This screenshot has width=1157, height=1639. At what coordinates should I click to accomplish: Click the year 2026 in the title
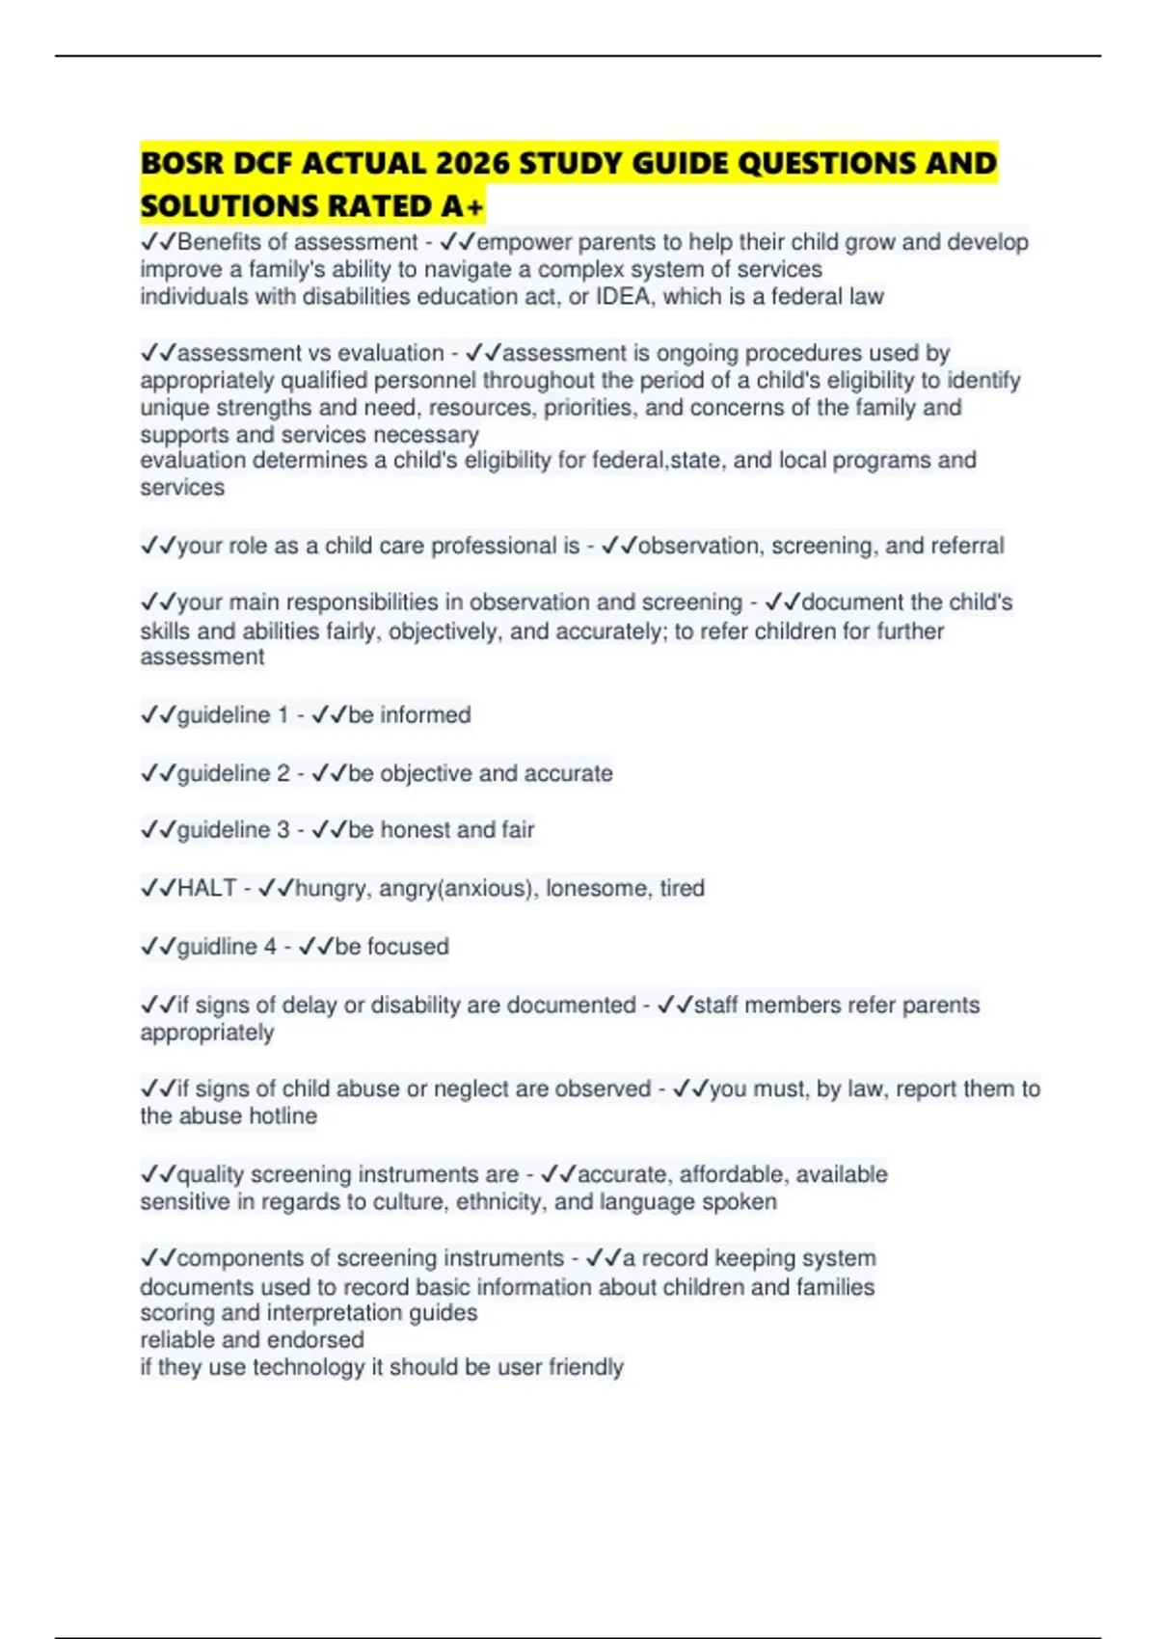(x=471, y=164)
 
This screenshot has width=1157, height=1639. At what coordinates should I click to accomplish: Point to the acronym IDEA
(x=622, y=297)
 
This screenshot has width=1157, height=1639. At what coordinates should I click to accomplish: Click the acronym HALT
(x=207, y=888)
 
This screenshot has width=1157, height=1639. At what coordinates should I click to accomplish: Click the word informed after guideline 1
(x=425, y=715)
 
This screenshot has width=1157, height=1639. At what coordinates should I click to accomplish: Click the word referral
(x=955, y=547)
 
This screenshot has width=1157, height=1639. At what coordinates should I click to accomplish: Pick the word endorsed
(x=320, y=1340)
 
